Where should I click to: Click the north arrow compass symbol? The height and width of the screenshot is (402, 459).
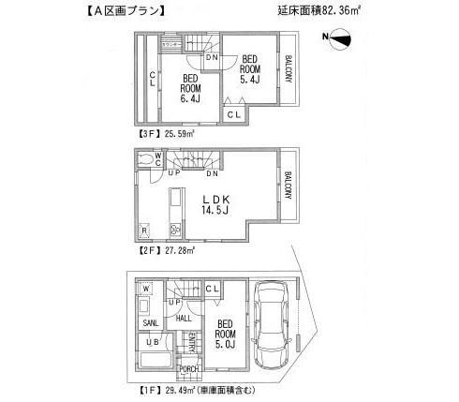click(x=339, y=37)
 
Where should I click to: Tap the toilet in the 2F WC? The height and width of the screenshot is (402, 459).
click(x=147, y=161)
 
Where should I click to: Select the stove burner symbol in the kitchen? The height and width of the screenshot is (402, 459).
click(x=174, y=231)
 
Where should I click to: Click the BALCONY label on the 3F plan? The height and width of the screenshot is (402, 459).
click(x=289, y=71)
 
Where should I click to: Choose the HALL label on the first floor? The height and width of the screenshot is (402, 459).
click(x=184, y=319)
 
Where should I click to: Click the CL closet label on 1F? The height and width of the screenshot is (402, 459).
click(x=212, y=289)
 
